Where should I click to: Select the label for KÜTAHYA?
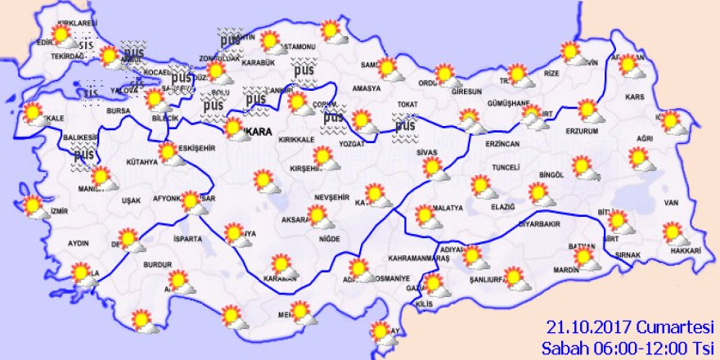point(142,163)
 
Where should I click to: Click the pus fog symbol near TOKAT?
point(405,126)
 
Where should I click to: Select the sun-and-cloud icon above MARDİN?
point(584,259)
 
